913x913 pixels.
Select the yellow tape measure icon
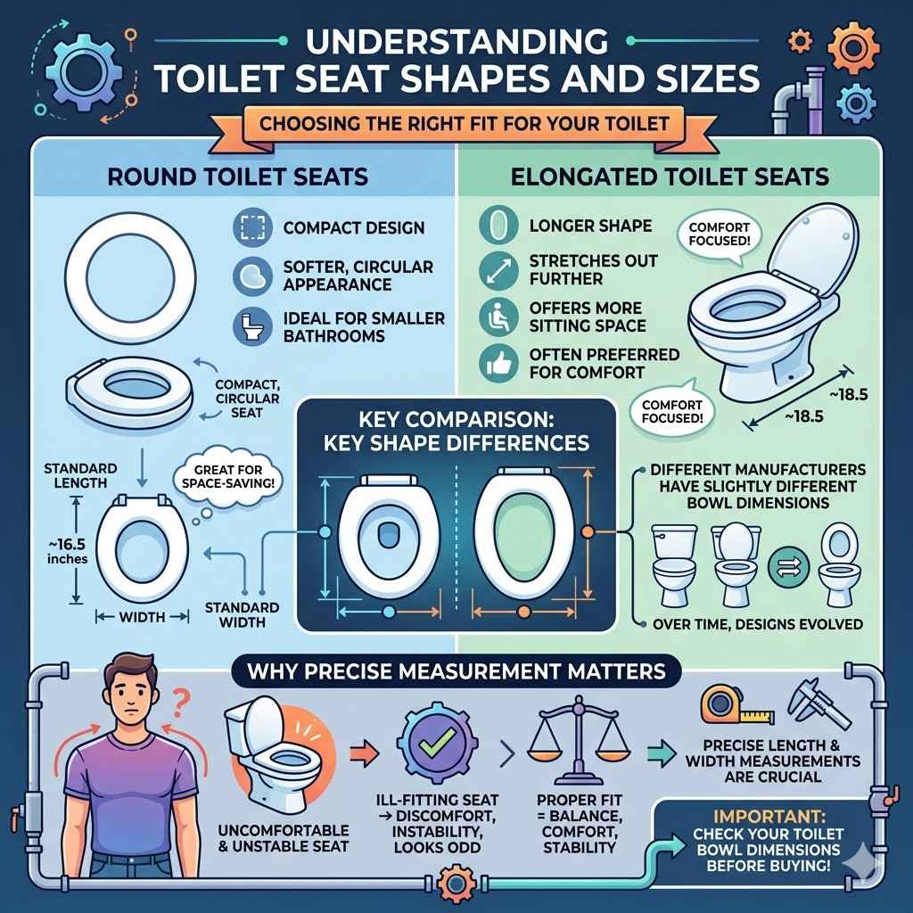724,703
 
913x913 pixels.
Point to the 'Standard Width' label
242,614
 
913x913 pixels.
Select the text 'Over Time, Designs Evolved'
758,623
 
